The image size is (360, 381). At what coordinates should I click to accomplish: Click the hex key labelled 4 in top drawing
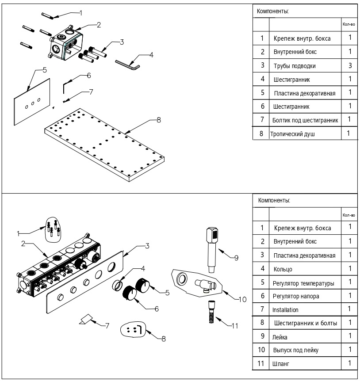coord(127,65)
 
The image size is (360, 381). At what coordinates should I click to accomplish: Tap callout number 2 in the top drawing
coord(99,25)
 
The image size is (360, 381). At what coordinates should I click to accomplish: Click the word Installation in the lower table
coord(286,310)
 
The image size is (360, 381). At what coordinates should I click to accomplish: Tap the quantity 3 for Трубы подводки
coord(349,65)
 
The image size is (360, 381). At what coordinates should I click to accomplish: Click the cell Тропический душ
coord(293,134)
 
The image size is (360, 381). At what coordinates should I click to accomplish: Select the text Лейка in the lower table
coord(280,337)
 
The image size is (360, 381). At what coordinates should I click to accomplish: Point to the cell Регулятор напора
coord(296,296)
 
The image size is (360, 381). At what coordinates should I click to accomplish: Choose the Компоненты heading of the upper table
coord(274,11)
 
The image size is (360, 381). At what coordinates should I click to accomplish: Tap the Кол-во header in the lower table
coord(349,215)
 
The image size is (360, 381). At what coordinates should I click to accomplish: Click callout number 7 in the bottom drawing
coord(107,325)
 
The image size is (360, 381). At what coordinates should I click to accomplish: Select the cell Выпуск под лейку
coord(295,351)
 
